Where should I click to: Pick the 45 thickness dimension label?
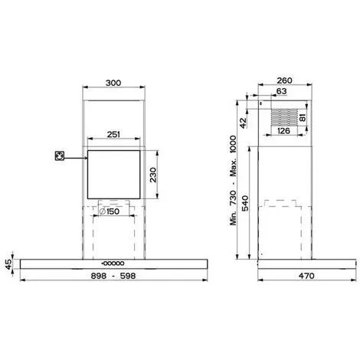[8, 265]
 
